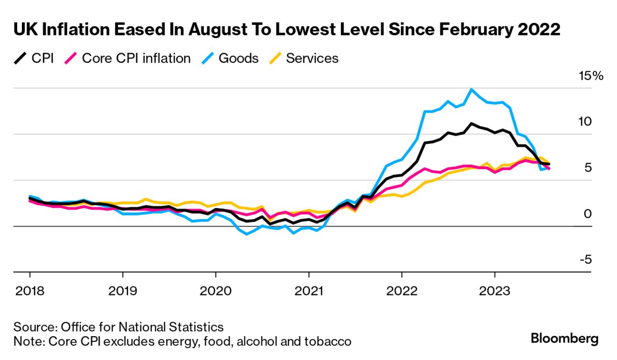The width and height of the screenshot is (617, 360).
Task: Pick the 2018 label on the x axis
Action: pyautogui.click(x=30, y=291)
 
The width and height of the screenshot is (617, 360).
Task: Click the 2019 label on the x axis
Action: pyautogui.click(x=123, y=291)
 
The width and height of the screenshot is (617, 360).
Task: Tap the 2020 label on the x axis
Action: pyautogui.click(x=215, y=291)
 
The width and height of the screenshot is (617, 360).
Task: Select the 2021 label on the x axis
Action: pyautogui.click(x=308, y=291)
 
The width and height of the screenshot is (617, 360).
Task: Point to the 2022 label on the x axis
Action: pyautogui.click(x=402, y=291)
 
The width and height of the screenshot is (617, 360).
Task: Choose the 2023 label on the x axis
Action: pyautogui.click(x=494, y=291)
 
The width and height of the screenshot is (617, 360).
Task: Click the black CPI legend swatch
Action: pyautogui.click(x=20, y=59)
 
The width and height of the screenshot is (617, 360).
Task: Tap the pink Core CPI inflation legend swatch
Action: pyautogui.click(x=71, y=59)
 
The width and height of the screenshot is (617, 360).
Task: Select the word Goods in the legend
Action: pyautogui.click(x=238, y=59)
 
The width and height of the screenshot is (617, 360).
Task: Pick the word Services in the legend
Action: pyautogui.click(x=312, y=59)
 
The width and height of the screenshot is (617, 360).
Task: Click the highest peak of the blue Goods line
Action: pyautogui.click(x=471, y=89)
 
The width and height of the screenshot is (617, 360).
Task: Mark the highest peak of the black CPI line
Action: pyautogui.click(x=471, y=124)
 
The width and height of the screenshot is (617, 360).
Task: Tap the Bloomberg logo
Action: pyautogui.click(x=564, y=339)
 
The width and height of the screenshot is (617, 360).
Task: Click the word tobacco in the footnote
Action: pyautogui.click(x=327, y=341)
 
